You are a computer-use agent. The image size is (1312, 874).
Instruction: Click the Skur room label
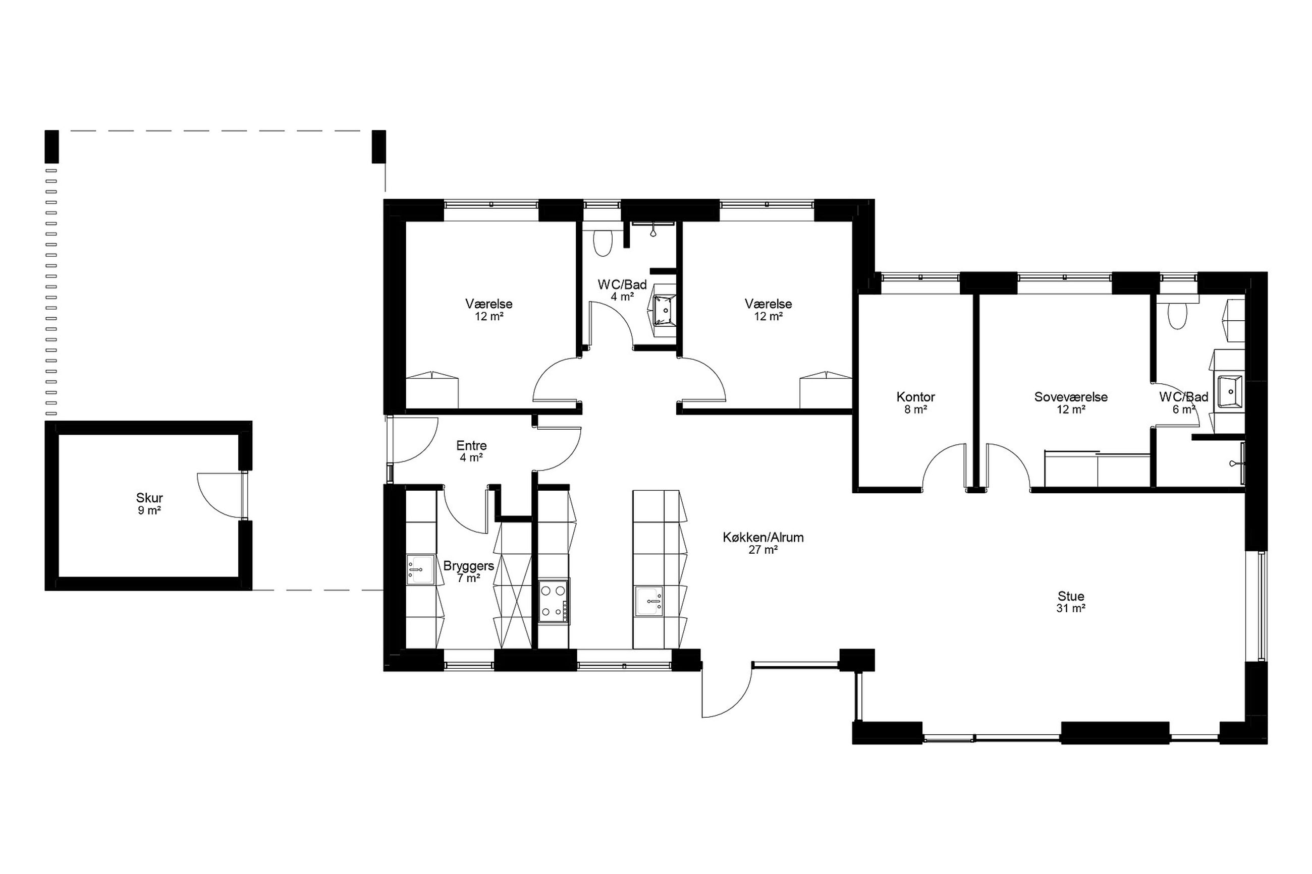click(149, 498)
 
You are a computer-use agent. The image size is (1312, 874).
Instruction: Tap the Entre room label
click(471, 445)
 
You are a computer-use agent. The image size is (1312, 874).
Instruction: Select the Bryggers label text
click(468, 566)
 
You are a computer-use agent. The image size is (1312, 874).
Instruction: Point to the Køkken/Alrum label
click(763, 537)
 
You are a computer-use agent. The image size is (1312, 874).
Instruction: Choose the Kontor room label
click(915, 397)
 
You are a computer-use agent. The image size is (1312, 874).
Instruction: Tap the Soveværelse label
click(1071, 397)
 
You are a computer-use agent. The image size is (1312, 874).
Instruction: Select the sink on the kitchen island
click(649, 601)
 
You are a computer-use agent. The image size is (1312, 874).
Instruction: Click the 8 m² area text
click(915, 409)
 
